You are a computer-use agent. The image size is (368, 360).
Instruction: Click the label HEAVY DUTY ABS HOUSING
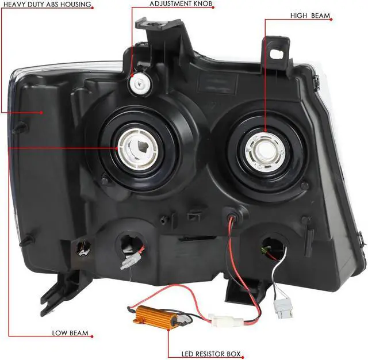tap(45, 5)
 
